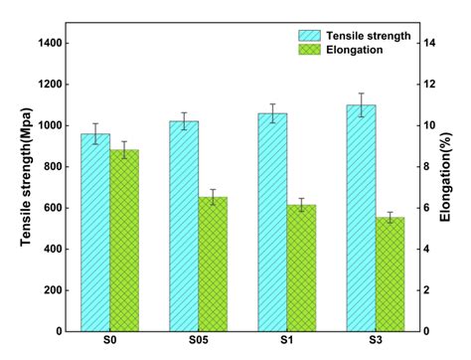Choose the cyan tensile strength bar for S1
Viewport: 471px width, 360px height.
pyautogui.click(x=272, y=223)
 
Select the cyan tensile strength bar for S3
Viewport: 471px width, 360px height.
pyautogui.click(x=361, y=219)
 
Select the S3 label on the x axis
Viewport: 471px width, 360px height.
pyautogui.click(x=376, y=342)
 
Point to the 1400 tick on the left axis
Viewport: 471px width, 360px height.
pyautogui.click(x=53, y=43)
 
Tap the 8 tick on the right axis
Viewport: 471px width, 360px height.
pyautogui.click(x=431, y=166)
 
